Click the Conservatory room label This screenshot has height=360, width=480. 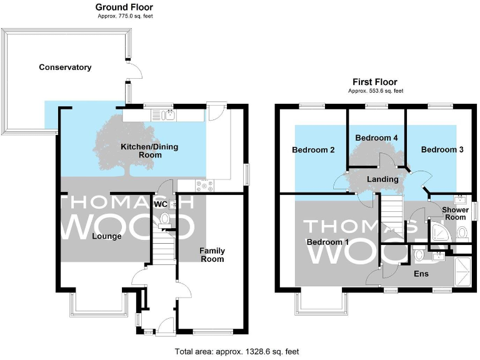coord(65,67)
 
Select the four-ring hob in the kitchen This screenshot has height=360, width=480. coord(204,186)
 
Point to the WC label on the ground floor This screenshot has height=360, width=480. coord(161,204)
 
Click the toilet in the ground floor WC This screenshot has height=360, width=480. coord(165,219)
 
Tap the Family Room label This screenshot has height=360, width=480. coord(212,255)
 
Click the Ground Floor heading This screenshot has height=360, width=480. coord(124,7)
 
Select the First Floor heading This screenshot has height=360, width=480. coord(374,82)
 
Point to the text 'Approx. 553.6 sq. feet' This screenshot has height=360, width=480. coord(374,91)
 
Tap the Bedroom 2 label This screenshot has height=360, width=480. coord(313,150)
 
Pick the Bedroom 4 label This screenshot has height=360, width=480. coord(376,137)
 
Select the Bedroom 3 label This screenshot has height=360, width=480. coord(442,150)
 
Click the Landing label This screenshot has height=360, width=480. coord(382,179)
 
